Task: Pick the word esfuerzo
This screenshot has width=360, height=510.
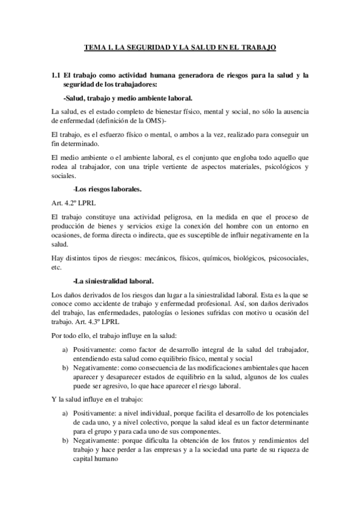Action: click(x=100, y=134)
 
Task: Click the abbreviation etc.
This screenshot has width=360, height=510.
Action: click(x=56, y=267)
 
